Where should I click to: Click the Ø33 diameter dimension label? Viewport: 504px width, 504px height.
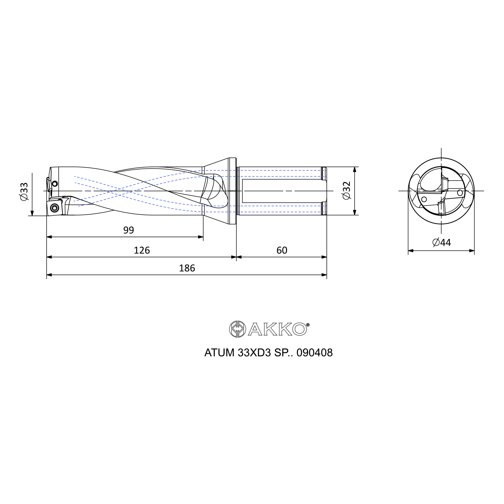pos(24,192)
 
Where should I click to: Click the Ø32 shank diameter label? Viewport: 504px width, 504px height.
pos(347,191)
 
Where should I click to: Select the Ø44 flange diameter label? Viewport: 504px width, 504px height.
pos(442,242)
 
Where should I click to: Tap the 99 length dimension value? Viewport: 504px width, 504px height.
pos(129,230)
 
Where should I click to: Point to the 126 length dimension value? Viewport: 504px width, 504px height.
pos(142,250)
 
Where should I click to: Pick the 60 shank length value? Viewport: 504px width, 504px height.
pos(282,250)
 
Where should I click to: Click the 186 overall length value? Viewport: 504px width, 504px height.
pos(187,268)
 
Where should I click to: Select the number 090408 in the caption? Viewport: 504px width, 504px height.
pos(314,353)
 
